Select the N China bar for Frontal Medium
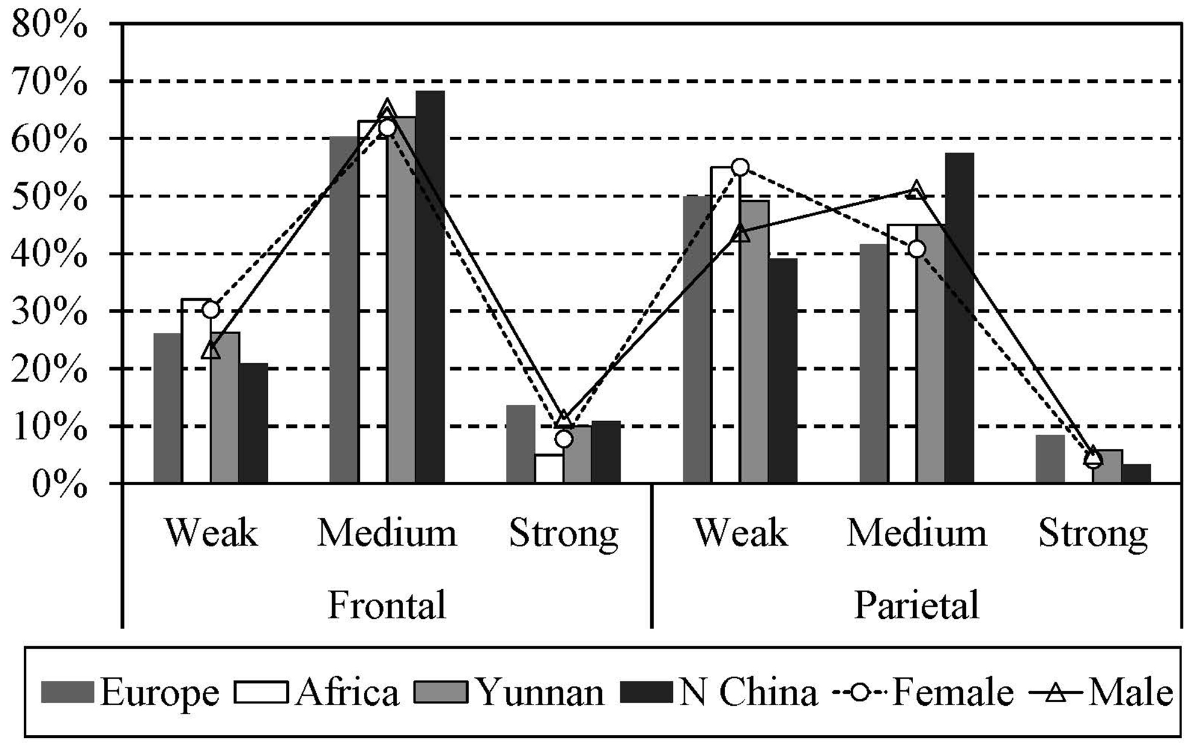click(x=430, y=287)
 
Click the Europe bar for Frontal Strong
click(x=520, y=444)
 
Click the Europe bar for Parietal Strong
click(x=1050, y=459)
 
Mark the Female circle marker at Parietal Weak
click(x=740, y=167)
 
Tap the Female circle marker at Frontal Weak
click(x=210, y=310)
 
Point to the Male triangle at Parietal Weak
click(x=741, y=233)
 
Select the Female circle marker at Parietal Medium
click(x=916, y=249)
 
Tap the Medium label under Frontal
click(x=387, y=534)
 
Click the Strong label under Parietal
click(x=1093, y=534)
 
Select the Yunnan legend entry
click(x=509, y=693)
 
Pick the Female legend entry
click(x=923, y=693)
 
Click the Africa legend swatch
click(x=262, y=693)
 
